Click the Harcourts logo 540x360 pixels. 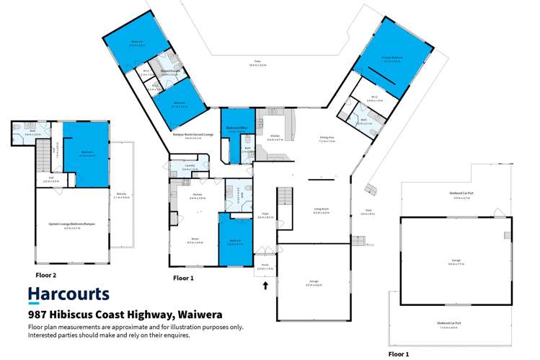(68, 294)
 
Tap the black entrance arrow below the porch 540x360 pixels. (265, 285)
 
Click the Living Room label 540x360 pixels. (321, 211)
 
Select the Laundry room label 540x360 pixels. (190, 167)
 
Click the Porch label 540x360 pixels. (261, 266)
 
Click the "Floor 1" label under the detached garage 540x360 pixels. (399, 354)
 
